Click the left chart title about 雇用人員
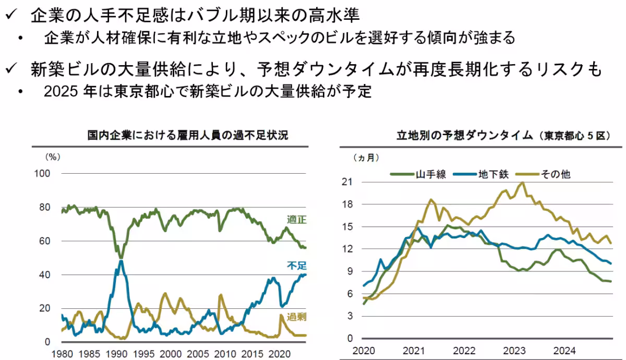coord(187,135)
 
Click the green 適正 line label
coord(296,220)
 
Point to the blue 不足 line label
coord(296,266)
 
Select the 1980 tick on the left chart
coord(62,352)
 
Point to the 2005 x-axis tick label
coord(199,352)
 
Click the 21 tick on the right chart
coord(348,182)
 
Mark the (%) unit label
coord(53,156)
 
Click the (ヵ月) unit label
coord(366,157)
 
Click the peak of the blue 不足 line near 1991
coord(121,260)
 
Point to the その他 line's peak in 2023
coord(522,183)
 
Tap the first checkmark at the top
coord(11,15)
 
